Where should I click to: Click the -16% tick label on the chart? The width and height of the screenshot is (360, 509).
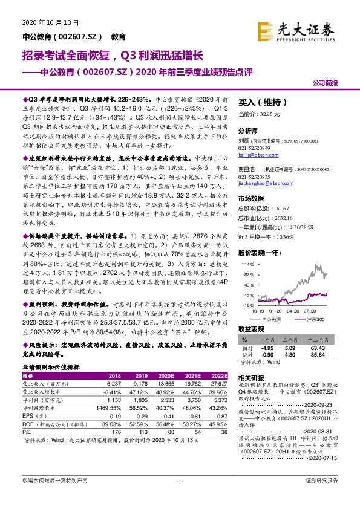tap(248, 306)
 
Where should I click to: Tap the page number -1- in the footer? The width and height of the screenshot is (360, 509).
tap(180, 496)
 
